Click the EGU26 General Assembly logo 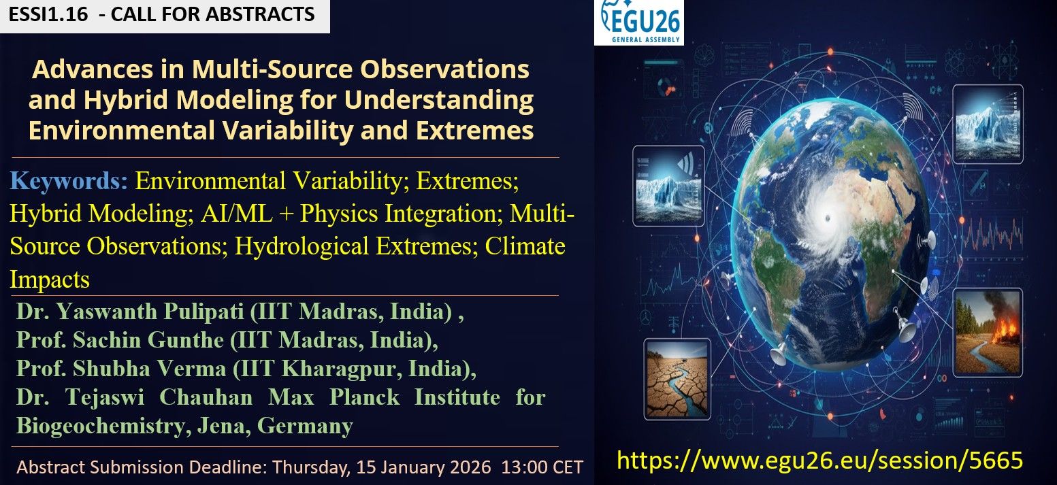639,22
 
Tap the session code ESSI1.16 48,14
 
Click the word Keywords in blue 69,181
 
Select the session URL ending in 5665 819,460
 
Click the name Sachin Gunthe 148,339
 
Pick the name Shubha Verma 149,369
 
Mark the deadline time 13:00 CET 542,467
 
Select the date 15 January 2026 423,467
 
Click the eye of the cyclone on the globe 828,218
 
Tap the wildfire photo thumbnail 988,332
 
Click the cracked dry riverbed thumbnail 677,379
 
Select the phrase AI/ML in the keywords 236,213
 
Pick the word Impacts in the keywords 50,280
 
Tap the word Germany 305,427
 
